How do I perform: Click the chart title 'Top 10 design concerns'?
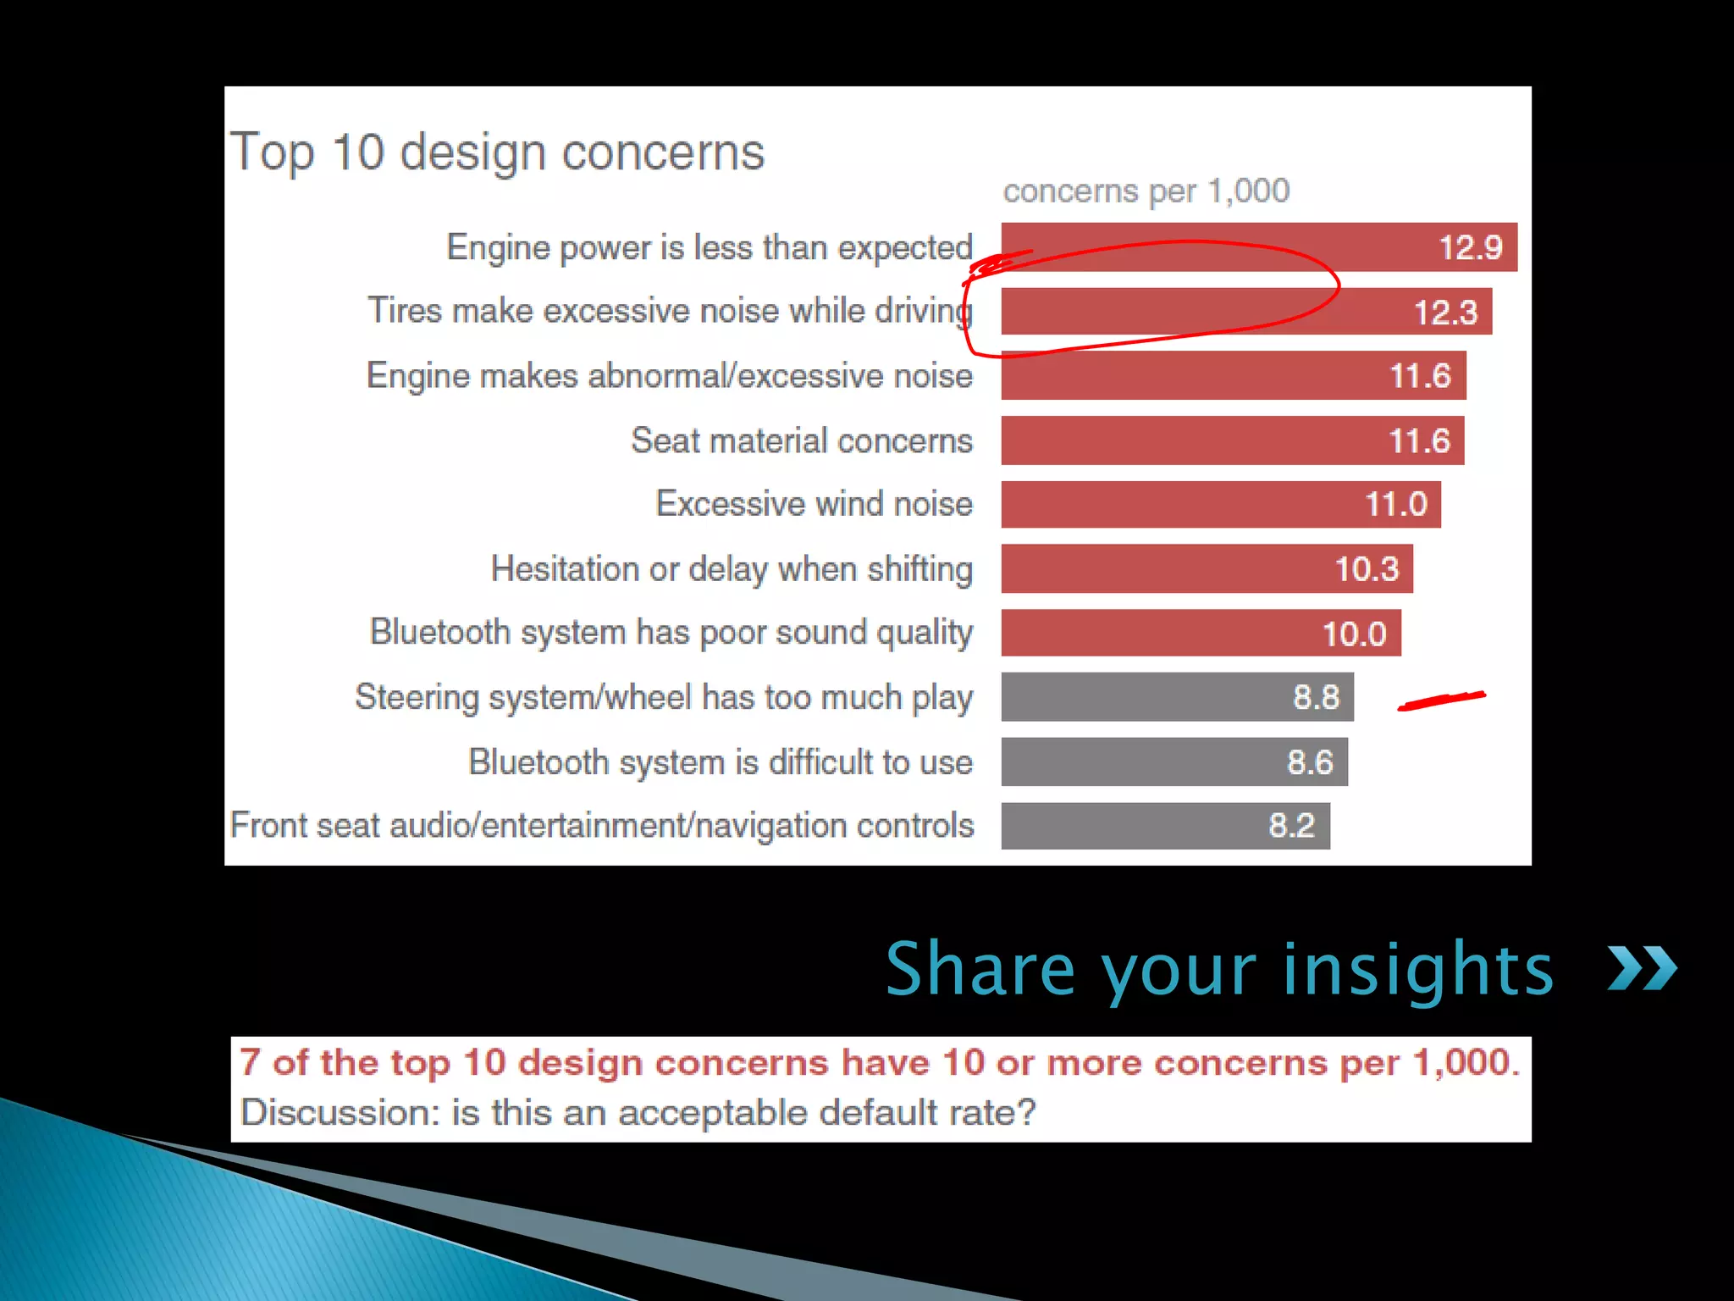pyautogui.click(x=498, y=153)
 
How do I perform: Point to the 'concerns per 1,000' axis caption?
pyautogui.click(x=1146, y=191)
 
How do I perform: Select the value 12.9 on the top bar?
pyautogui.click(x=1471, y=247)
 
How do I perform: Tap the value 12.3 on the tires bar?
pyautogui.click(x=1445, y=313)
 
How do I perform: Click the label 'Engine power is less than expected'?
pyautogui.click(x=710, y=248)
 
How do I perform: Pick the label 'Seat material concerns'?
pyautogui.click(x=802, y=440)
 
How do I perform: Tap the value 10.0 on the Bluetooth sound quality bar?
pyautogui.click(x=1354, y=634)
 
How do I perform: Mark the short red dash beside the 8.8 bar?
pyautogui.click(x=1441, y=700)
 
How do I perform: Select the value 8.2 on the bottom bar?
pyautogui.click(x=1291, y=826)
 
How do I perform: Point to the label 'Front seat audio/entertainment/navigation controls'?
pyautogui.click(x=602, y=826)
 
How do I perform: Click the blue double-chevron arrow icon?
pyautogui.click(x=1642, y=969)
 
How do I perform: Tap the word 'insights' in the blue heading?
pyautogui.click(x=1418, y=969)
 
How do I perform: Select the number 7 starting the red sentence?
pyautogui.click(x=250, y=1062)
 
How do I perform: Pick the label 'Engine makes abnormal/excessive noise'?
pyautogui.click(x=669, y=376)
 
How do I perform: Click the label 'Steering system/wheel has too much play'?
pyautogui.click(x=664, y=698)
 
